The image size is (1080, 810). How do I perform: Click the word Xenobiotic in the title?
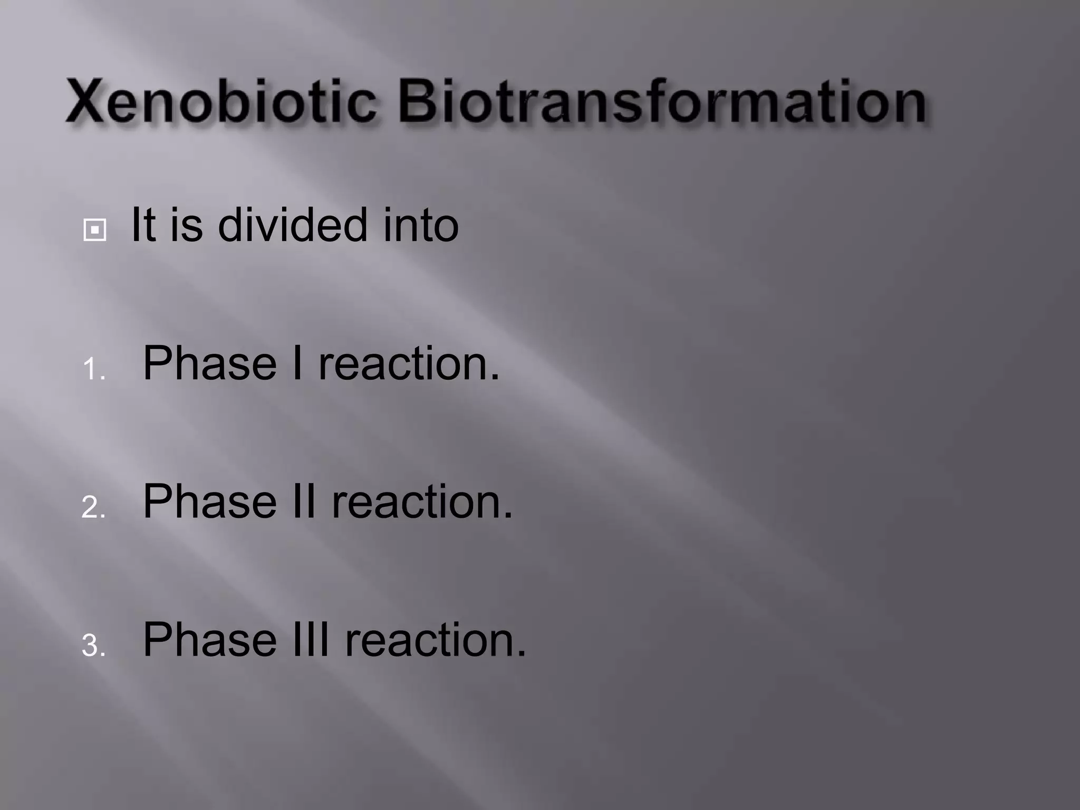point(221,101)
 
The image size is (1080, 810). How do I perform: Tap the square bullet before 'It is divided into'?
point(95,230)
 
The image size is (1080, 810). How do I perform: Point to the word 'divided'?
point(292,226)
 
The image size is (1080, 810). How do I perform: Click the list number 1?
point(93,369)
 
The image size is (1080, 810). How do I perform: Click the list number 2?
point(93,507)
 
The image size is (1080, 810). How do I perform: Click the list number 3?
point(93,645)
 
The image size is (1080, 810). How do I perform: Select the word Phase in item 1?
point(209,364)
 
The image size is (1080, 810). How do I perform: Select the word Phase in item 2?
point(209,502)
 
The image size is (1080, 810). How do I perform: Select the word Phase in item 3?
point(209,640)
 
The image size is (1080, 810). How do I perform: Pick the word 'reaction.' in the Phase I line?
point(409,364)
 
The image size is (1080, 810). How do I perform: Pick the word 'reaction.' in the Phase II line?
point(422,502)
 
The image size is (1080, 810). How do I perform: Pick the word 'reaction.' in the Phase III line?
point(435,640)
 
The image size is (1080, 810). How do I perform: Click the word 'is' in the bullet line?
point(186,226)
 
